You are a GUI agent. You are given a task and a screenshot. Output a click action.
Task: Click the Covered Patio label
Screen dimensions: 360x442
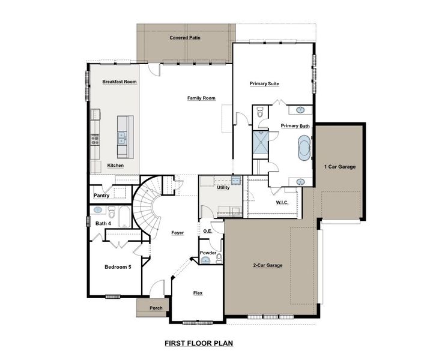pyautogui.click(x=184, y=38)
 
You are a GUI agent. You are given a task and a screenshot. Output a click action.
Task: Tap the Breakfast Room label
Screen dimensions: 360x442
pyautogui.click(x=119, y=82)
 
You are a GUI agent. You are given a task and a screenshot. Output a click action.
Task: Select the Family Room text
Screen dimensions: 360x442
pyautogui.click(x=201, y=98)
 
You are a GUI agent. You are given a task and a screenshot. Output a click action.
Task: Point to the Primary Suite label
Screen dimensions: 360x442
pyautogui.click(x=264, y=84)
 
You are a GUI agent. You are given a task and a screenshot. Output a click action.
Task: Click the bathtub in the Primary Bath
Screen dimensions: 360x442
pyautogui.click(x=303, y=146)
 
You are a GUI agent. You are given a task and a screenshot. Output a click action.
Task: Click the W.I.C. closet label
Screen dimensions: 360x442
pyautogui.click(x=282, y=203)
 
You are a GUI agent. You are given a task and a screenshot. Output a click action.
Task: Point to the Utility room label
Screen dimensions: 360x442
pyautogui.click(x=223, y=188)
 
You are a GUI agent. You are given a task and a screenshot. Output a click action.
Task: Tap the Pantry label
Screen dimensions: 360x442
pyautogui.click(x=101, y=196)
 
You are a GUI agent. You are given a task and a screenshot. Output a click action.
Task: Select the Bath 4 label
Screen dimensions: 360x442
pyautogui.click(x=103, y=224)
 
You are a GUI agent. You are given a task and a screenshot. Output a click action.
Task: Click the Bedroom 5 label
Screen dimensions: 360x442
pyautogui.click(x=118, y=267)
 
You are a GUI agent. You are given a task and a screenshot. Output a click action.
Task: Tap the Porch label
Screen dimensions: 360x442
pyautogui.click(x=156, y=308)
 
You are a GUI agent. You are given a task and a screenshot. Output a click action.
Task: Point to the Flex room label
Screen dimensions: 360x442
pyautogui.click(x=198, y=293)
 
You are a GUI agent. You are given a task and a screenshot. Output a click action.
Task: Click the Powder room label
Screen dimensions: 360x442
pyautogui.click(x=208, y=253)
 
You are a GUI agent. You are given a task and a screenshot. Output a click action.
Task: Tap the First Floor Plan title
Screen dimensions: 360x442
pyautogui.click(x=198, y=344)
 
